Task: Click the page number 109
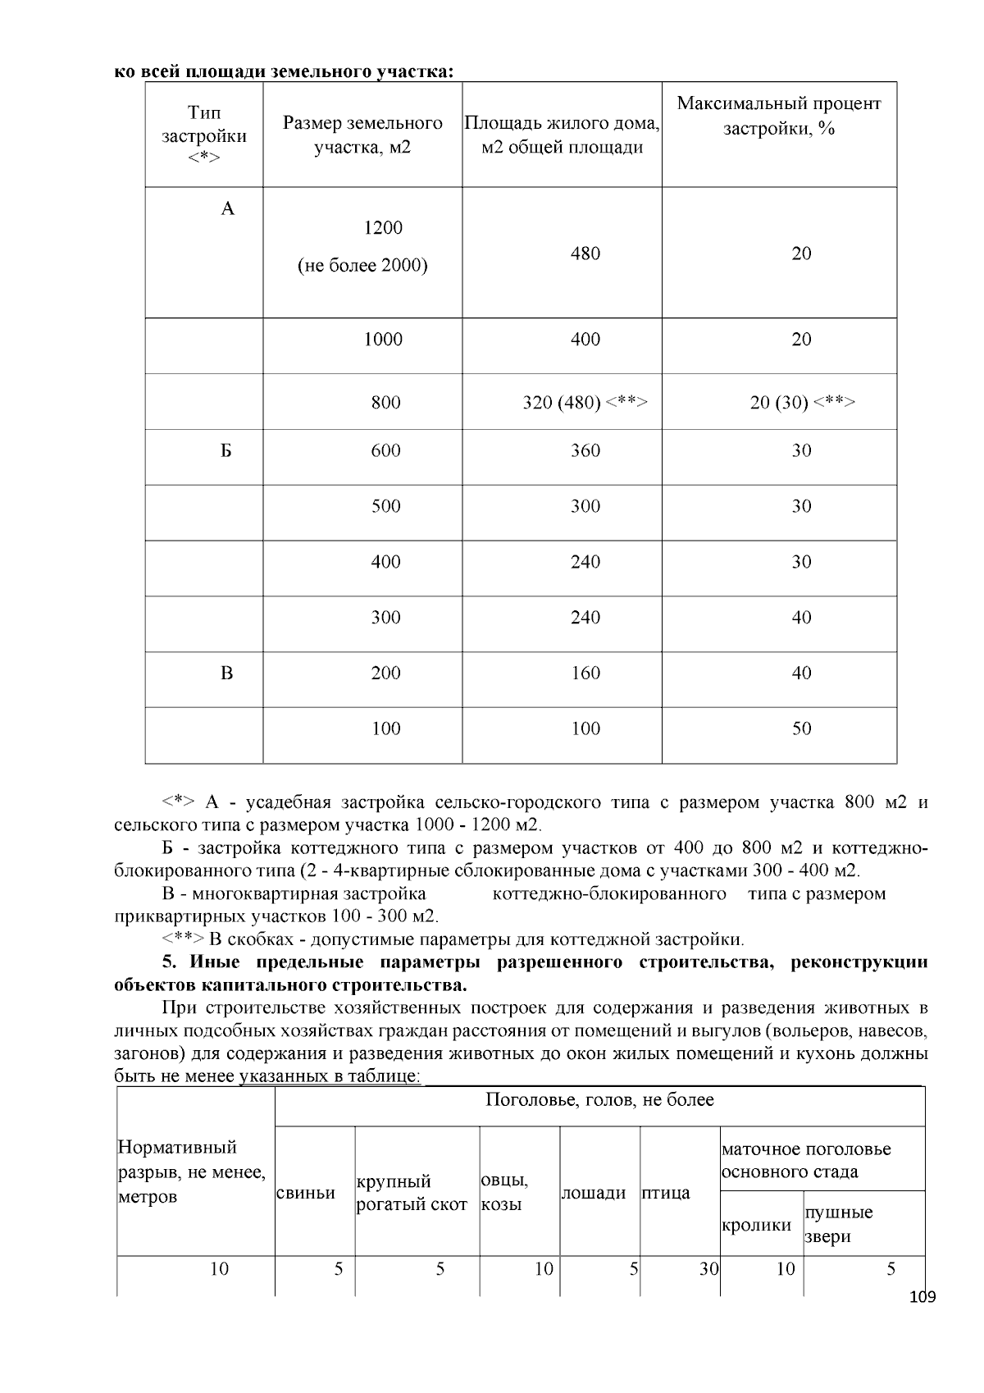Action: pyautogui.click(x=922, y=1297)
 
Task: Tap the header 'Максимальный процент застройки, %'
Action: pyautogui.click(x=778, y=116)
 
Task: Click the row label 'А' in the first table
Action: pyautogui.click(x=228, y=209)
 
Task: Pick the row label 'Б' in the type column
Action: pyautogui.click(x=226, y=451)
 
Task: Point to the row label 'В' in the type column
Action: pyautogui.click(x=227, y=674)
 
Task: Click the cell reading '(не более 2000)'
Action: pyautogui.click(x=362, y=266)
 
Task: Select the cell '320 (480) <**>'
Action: pyautogui.click(x=585, y=403)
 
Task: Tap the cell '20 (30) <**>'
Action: pyautogui.click(x=802, y=403)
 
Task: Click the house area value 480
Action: pyautogui.click(x=585, y=253)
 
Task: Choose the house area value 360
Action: pyautogui.click(x=585, y=451)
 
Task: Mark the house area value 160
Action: pyautogui.click(x=585, y=674)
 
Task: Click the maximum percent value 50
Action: pyautogui.click(x=802, y=728)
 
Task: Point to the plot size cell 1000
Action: pyautogui.click(x=383, y=340)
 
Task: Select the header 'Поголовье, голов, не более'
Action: pyautogui.click(x=599, y=1100)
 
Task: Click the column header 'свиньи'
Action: pyautogui.click(x=306, y=1193)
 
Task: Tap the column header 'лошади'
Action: pyautogui.click(x=594, y=1194)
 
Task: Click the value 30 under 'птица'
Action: pyautogui.click(x=708, y=1269)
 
